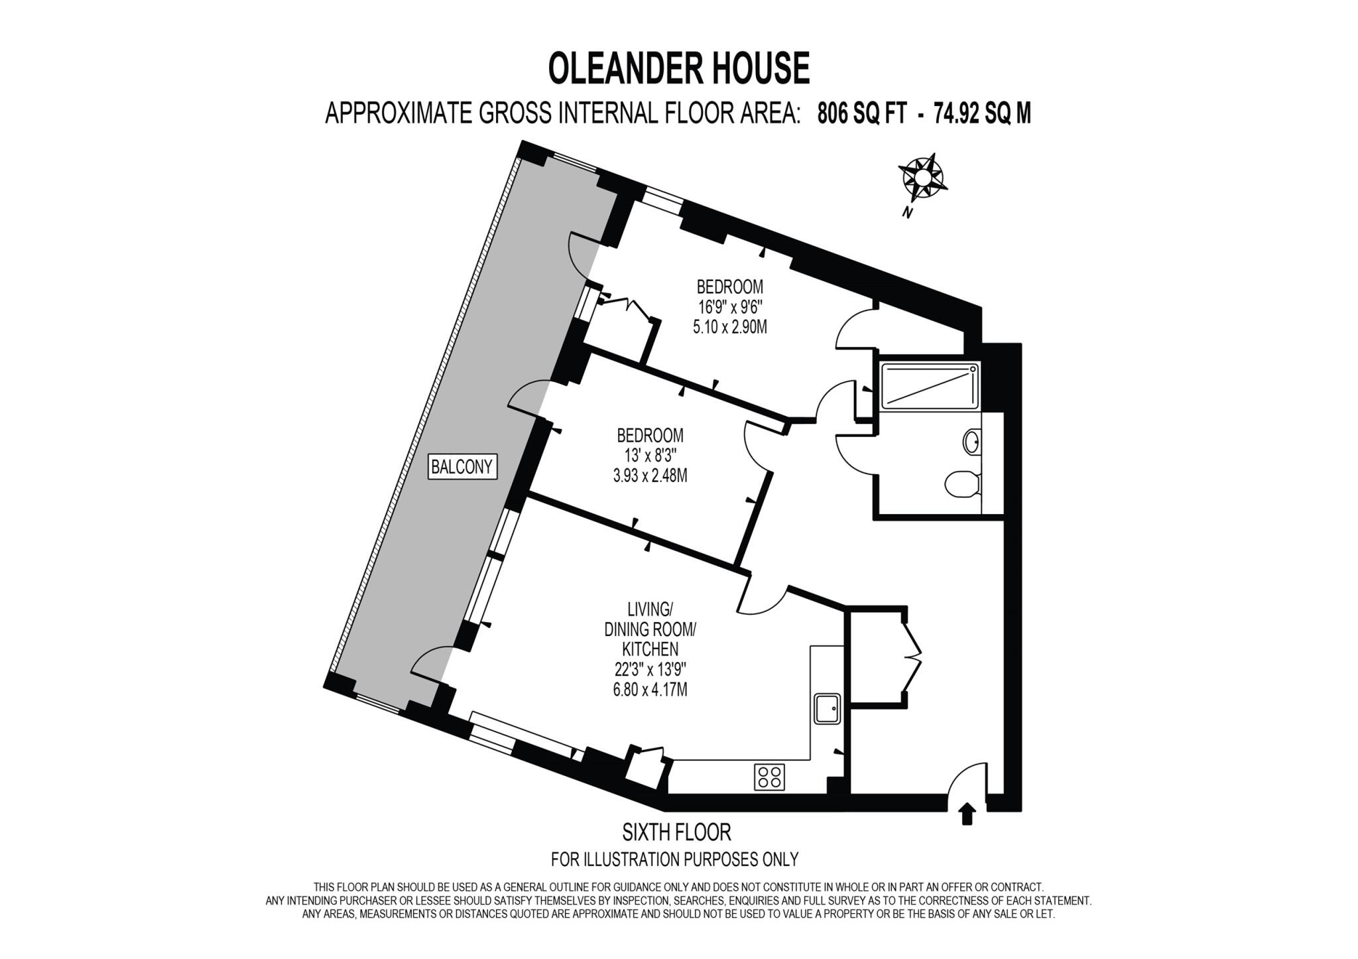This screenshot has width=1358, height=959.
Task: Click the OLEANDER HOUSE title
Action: pyautogui.click(x=679, y=69)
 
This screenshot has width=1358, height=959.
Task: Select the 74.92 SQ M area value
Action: pyautogui.click(x=982, y=114)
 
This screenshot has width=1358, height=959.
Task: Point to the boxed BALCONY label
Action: pyautogui.click(x=462, y=467)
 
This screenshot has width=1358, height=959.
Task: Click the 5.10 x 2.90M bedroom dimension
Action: pyautogui.click(x=729, y=327)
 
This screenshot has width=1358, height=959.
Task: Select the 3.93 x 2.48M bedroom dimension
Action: pyautogui.click(x=650, y=476)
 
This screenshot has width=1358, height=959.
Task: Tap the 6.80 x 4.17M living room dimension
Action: pyautogui.click(x=650, y=690)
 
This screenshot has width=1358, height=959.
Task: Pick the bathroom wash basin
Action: pyautogui.click(x=972, y=442)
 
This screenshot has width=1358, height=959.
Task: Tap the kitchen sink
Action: pyautogui.click(x=828, y=709)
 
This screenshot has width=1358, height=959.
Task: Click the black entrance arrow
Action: pyautogui.click(x=967, y=814)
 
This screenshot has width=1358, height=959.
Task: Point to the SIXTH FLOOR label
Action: pyautogui.click(x=676, y=832)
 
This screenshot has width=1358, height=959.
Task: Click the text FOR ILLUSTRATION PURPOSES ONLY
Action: pyautogui.click(x=674, y=860)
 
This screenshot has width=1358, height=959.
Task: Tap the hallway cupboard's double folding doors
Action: pyautogui.click(x=914, y=657)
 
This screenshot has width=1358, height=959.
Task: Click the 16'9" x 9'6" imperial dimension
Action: pyautogui.click(x=729, y=307)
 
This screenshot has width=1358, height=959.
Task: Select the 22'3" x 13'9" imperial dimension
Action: pyautogui.click(x=650, y=670)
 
